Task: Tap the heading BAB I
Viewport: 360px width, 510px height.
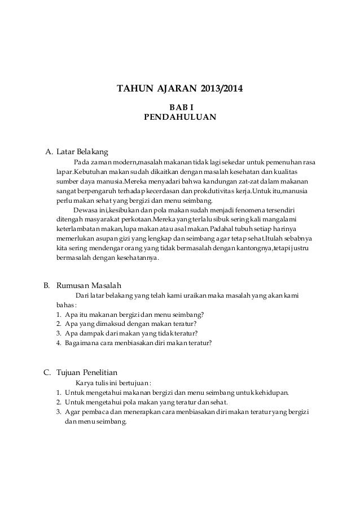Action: click(x=181, y=107)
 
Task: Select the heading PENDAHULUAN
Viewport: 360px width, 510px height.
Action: click(x=181, y=118)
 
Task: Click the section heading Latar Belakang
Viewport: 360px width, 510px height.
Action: click(x=82, y=151)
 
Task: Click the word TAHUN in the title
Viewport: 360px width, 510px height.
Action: click(x=133, y=89)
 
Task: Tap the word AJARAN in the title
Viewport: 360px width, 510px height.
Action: click(x=173, y=89)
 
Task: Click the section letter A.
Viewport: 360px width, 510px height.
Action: click(x=49, y=151)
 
